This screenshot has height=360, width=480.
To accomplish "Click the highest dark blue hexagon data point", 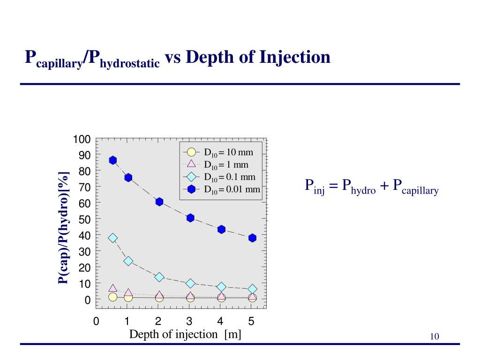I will (112, 160).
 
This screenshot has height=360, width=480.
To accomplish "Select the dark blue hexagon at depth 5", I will (252, 238).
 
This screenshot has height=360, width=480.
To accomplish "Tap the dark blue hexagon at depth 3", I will (190, 218).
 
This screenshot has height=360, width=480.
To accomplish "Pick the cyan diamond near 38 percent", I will (112, 238).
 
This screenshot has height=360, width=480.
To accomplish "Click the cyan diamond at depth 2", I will (159, 277).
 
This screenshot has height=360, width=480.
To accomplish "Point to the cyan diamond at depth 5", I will (252, 289).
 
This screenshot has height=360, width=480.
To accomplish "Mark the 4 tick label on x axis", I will (220, 322).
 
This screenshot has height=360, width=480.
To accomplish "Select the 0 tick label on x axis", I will (96, 322).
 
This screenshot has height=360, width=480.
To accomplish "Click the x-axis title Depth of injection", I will (185, 334).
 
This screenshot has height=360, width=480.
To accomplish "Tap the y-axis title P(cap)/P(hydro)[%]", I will (63, 228).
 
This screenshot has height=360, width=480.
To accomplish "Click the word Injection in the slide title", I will (295, 58).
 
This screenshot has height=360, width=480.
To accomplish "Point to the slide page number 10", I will (434, 337).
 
